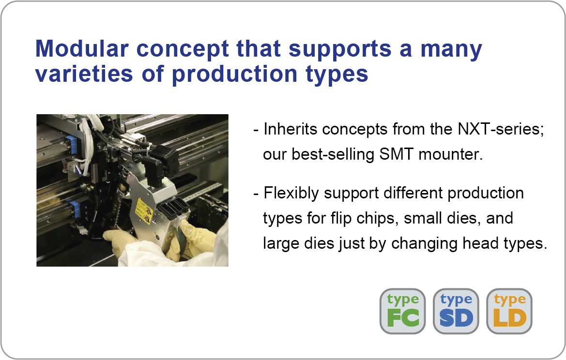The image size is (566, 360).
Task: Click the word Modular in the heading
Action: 82,48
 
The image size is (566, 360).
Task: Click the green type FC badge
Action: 402,311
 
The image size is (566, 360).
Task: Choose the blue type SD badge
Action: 456,311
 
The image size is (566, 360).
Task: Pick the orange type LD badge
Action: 509,311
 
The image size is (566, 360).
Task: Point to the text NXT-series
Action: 501,129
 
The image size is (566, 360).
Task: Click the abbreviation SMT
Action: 396,154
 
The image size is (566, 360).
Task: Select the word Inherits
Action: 290,129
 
